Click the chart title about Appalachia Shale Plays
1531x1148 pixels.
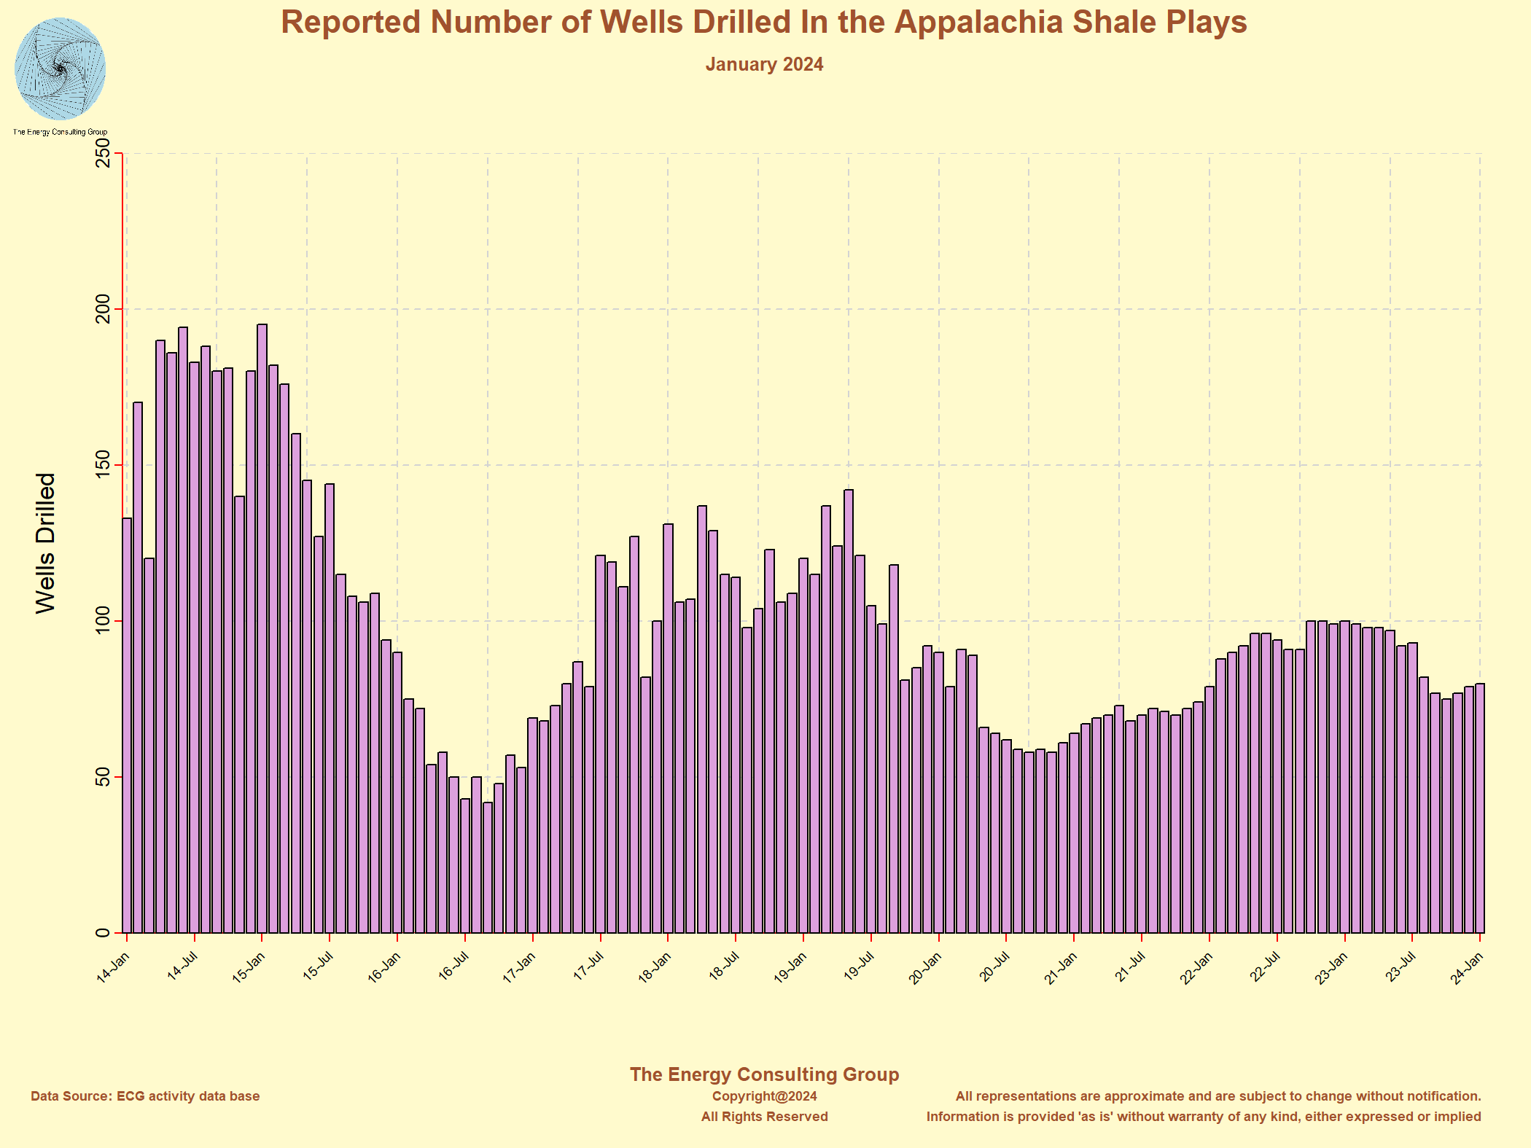click(x=763, y=23)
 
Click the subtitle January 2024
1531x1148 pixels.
click(x=763, y=65)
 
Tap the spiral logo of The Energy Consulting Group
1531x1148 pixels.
click(x=60, y=70)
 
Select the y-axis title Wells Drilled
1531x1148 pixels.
click(x=45, y=543)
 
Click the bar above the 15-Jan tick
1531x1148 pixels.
click(x=262, y=627)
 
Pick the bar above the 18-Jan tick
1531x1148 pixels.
click(x=668, y=729)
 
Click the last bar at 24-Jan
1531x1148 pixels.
click(x=1480, y=809)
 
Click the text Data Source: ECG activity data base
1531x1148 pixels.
click(x=145, y=1096)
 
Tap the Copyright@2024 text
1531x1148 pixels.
click(x=764, y=1096)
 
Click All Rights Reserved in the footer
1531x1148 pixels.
click(x=764, y=1117)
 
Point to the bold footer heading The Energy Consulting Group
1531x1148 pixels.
click(x=764, y=1074)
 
